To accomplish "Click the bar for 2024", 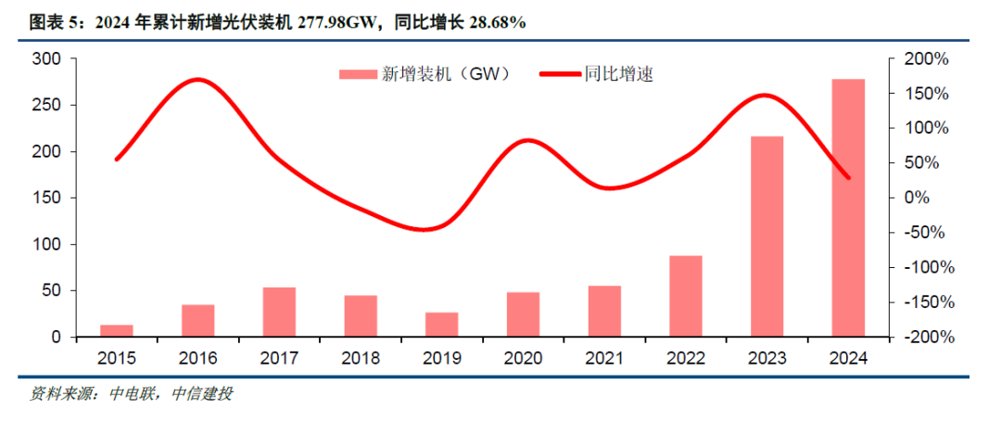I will click(x=848, y=208).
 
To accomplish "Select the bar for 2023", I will click(x=767, y=237).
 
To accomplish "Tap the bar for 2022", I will click(x=685, y=296).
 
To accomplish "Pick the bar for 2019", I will click(x=441, y=325).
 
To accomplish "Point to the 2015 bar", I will click(x=116, y=331).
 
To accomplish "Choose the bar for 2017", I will click(x=279, y=312).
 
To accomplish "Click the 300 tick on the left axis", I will click(x=46, y=58).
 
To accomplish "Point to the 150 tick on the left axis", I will click(x=46, y=198).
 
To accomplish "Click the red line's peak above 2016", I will click(x=197, y=80).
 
